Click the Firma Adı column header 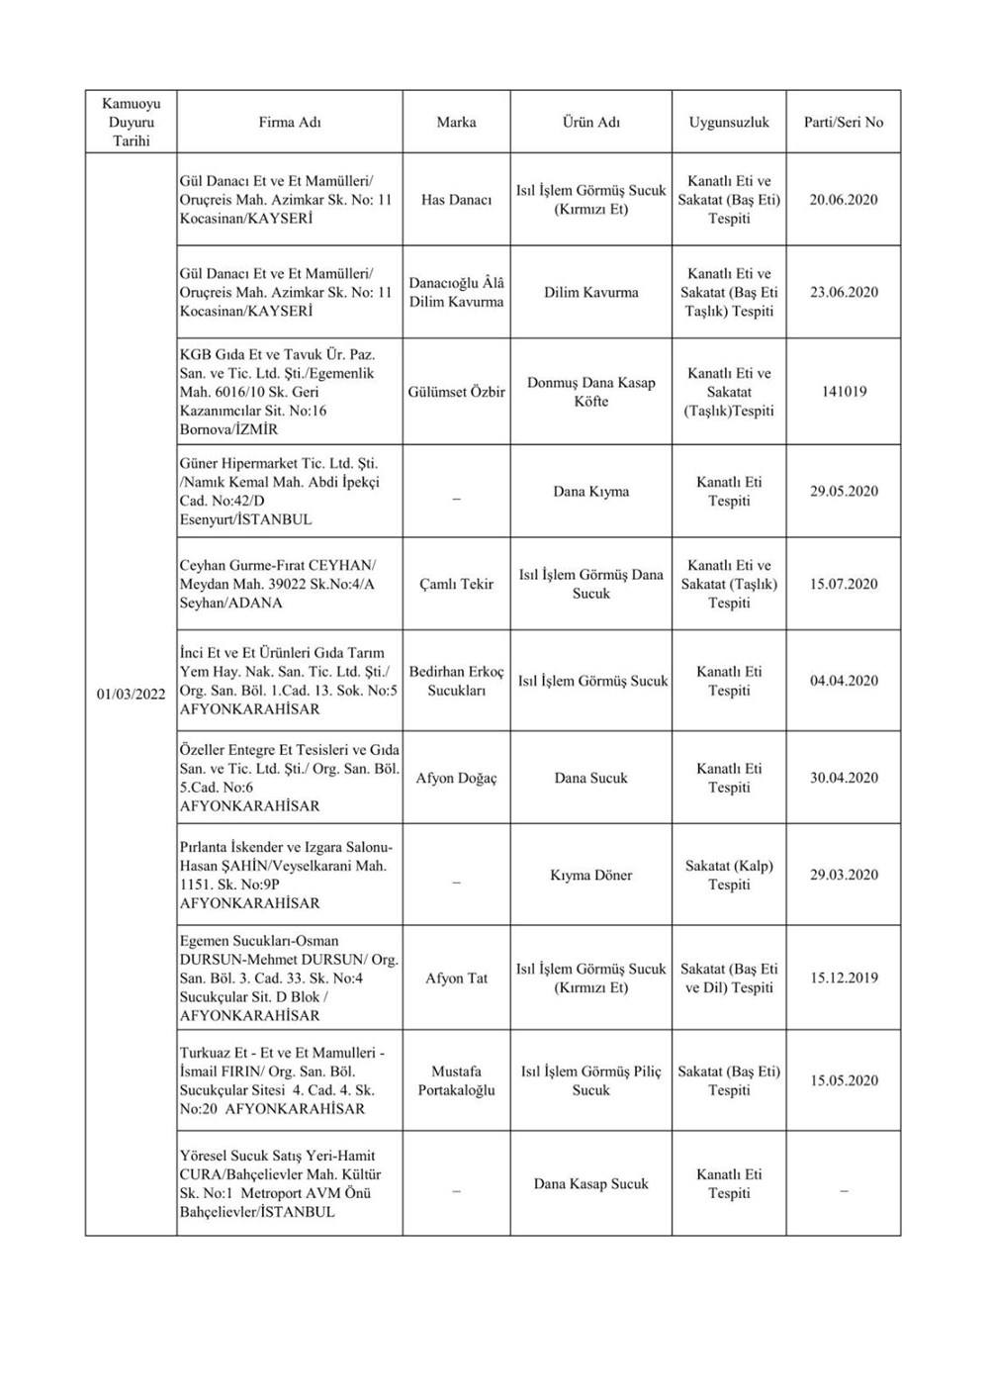[x=290, y=123]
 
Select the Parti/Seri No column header [x=844, y=123]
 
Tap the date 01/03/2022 [x=132, y=694]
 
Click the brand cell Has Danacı [x=456, y=200]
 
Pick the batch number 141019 [x=844, y=392]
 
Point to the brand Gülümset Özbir [x=456, y=392]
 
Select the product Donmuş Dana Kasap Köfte [x=591, y=392]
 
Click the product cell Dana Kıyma [x=591, y=492]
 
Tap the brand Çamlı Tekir [x=456, y=584]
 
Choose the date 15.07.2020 [x=844, y=584]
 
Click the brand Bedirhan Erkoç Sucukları [x=456, y=681]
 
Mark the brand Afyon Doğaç [x=456, y=779]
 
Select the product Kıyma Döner [x=591, y=876]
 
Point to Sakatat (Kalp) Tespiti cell [x=729, y=876]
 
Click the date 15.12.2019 [x=844, y=979]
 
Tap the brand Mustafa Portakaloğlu [x=456, y=1080]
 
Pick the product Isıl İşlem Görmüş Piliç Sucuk [x=591, y=1080]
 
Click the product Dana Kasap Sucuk [x=591, y=1184]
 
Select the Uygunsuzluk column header [x=729, y=123]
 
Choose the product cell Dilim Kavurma [x=591, y=293]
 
